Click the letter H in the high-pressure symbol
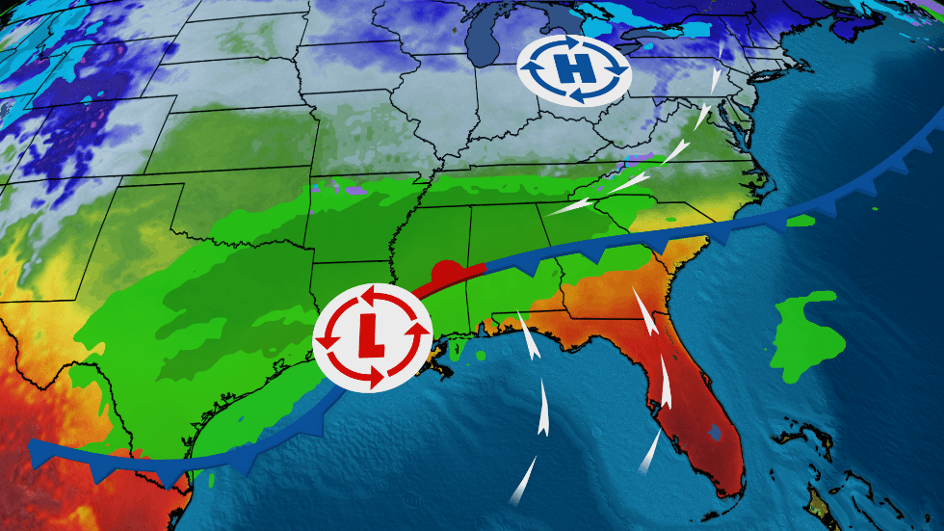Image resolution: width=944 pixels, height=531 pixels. point(574,69)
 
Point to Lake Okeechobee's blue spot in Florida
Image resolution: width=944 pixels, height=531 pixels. point(714,435)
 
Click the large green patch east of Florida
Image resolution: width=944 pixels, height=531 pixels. point(807,327)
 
